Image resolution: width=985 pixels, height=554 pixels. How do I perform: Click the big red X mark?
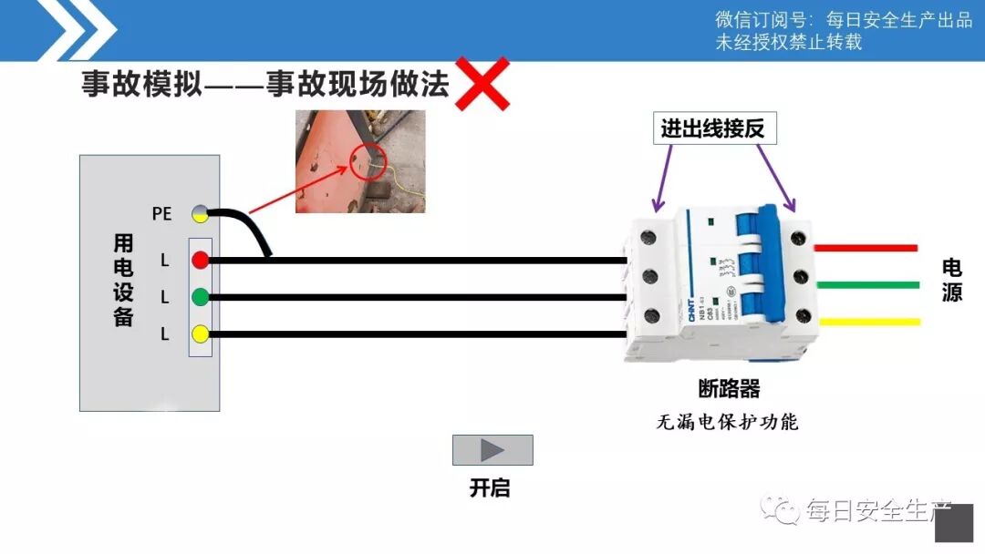tap(482, 84)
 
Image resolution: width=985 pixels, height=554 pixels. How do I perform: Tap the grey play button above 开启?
tap(493, 450)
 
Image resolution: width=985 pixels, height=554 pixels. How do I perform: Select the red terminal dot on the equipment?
tap(201, 261)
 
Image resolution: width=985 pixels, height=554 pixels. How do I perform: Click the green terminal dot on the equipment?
tap(201, 296)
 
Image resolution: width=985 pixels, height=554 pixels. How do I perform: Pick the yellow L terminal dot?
tap(201, 333)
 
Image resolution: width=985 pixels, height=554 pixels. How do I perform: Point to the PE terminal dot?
tap(200, 214)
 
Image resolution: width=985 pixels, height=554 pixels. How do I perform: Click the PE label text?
tap(161, 214)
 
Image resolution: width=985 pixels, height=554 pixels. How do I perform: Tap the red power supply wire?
tap(866, 248)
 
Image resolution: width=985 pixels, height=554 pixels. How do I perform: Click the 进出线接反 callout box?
tap(719, 129)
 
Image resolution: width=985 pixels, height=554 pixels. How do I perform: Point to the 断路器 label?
tap(729, 389)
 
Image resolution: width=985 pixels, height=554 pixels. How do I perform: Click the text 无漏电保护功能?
tap(727, 422)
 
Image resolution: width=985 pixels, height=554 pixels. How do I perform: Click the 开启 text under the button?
tap(490, 488)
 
